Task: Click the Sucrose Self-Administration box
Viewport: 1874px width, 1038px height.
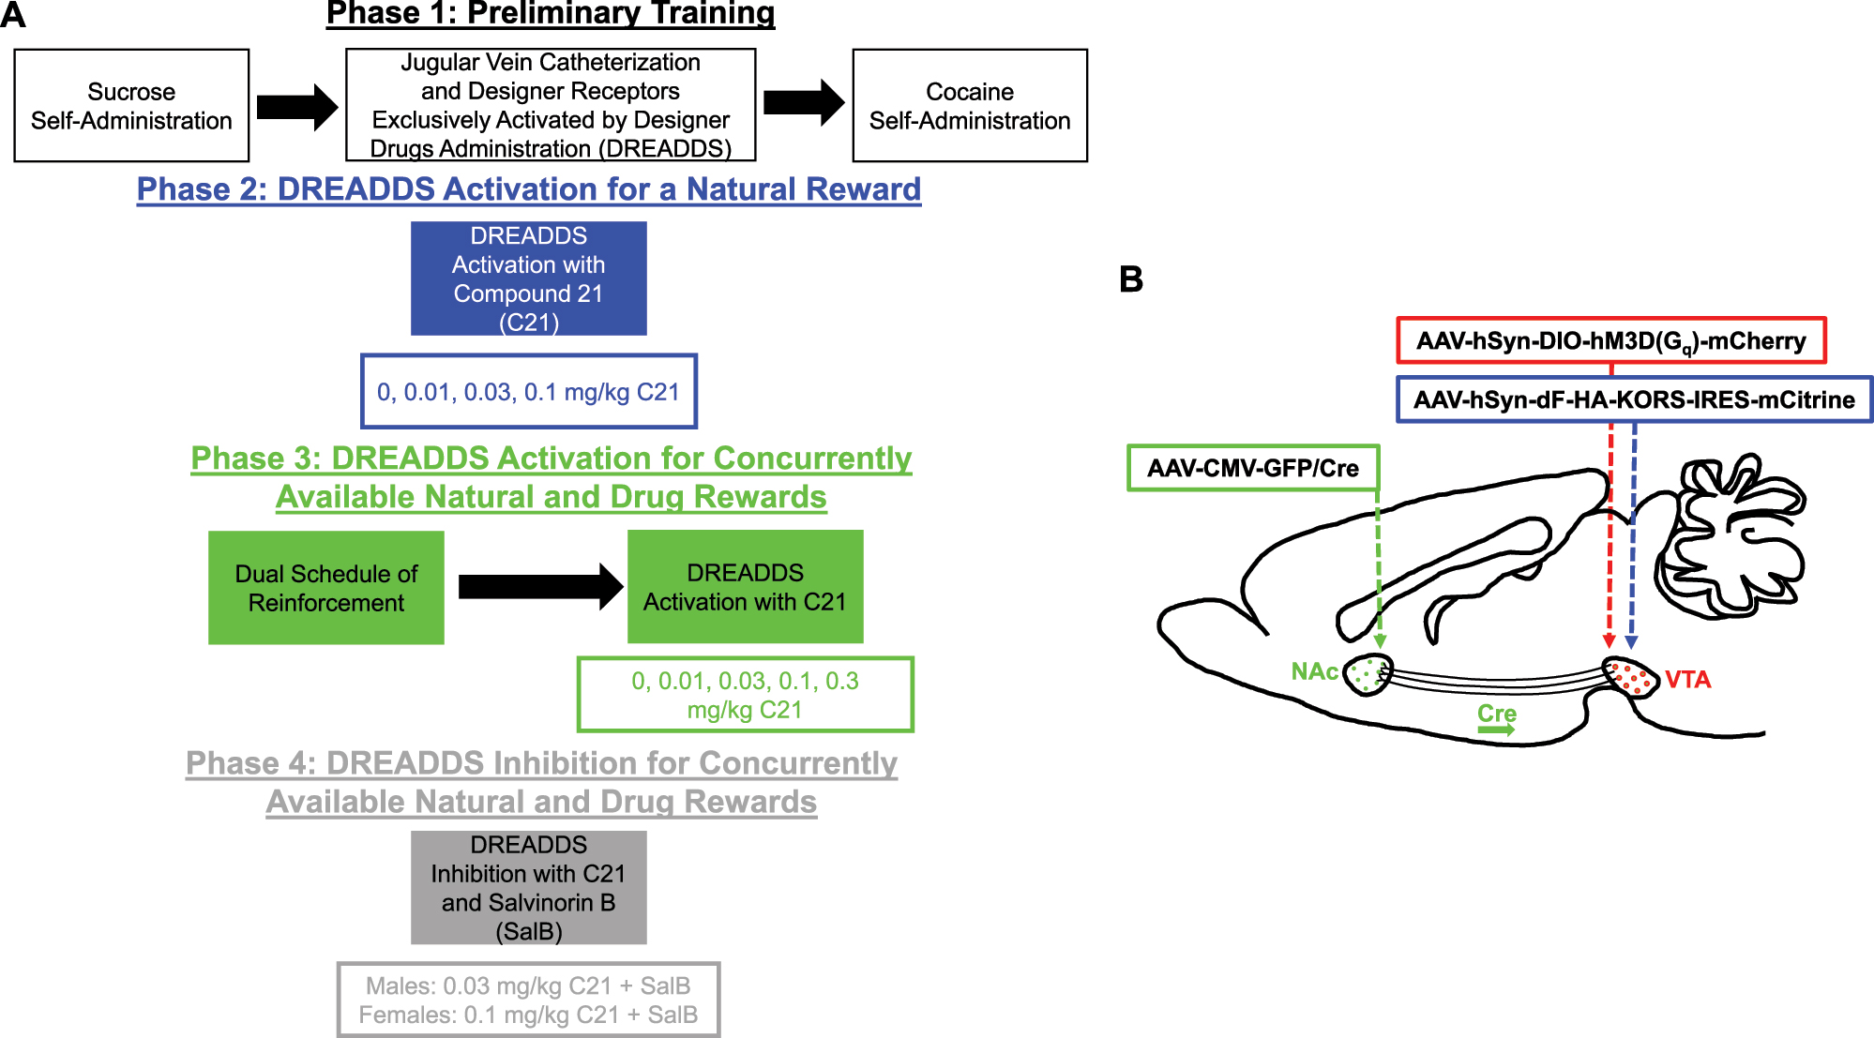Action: (x=131, y=106)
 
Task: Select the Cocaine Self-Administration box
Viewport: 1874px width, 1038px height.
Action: (x=969, y=106)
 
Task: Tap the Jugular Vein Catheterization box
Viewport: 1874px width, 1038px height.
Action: (x=551, y=105)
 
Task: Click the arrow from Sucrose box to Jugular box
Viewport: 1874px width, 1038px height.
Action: (x=296, y=107)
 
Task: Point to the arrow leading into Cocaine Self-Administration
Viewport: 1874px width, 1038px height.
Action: (x=803, y=102)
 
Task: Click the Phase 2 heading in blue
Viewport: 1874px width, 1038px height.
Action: (x=529, y=189)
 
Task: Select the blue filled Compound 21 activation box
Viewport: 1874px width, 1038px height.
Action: (x=529, y=278)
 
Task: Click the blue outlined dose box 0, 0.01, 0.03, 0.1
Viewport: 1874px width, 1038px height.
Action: (x=529, y=391)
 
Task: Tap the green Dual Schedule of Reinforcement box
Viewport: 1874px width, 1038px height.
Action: (x=326, y=588)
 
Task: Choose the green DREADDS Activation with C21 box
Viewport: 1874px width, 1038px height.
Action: (x=745, y=587)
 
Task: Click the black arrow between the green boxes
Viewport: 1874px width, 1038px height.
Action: (x=539, y=587)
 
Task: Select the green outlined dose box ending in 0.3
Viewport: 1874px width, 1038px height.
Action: (x=745, y=695)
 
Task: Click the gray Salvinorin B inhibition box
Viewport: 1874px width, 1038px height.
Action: (x=529, y=887)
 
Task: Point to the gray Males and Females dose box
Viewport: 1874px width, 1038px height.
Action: (x=529, y=1000)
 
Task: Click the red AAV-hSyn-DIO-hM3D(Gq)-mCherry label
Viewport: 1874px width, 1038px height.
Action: (x=1610, y=340)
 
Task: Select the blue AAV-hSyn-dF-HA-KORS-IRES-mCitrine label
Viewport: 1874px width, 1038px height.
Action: (x=1634, y=399)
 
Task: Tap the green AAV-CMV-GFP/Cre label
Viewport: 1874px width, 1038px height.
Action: (x=1253, y=468)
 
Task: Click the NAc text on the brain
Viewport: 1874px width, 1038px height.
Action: (x=1314, y=671)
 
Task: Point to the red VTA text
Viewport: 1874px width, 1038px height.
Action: (x=1687, y=680)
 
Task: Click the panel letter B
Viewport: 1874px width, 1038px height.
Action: (x=1131, y=279)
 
